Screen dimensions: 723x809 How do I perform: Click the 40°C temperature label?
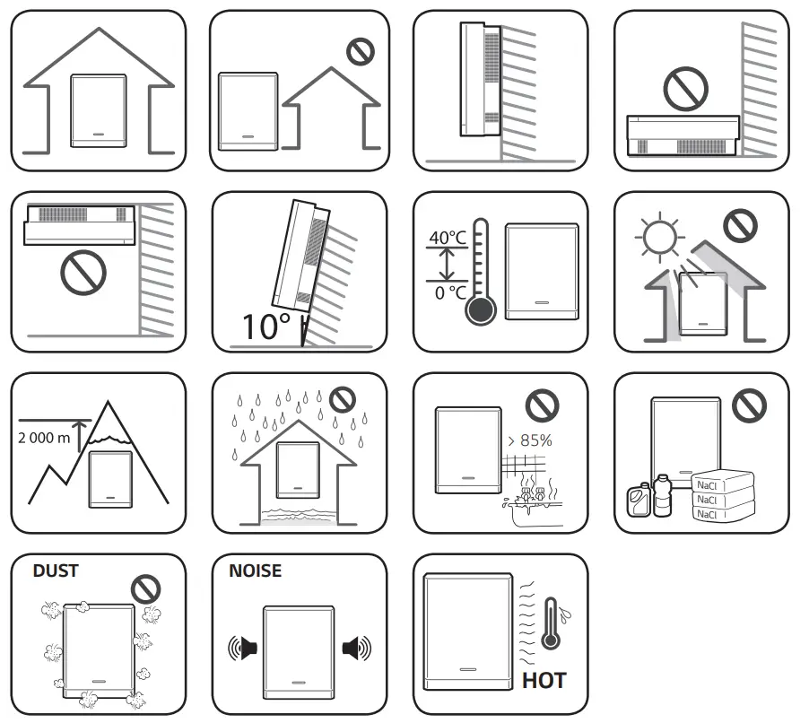(448, 238)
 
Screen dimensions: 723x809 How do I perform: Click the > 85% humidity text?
(530, 440)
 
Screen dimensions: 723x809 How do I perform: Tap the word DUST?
(56, 570)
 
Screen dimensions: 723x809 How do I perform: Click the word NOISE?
(255, 570)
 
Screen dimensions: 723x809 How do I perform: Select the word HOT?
(544, 681)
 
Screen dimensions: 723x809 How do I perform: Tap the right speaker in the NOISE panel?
(356, 647)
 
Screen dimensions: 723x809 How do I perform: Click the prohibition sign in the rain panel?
(340, 399)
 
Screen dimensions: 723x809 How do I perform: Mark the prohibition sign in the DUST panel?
(145, 589)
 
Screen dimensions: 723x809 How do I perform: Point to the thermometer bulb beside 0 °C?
(480, 310)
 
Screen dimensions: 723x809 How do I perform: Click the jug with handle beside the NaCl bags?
(638, 500)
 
